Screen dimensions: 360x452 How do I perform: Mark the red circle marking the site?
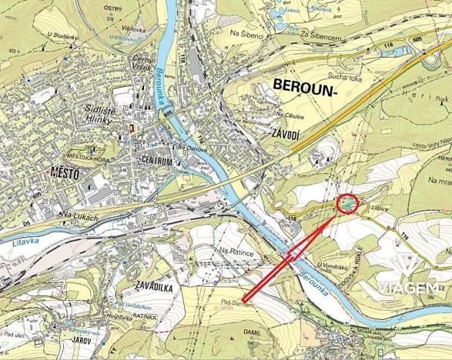click(348, 204)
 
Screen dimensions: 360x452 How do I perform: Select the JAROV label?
click(81, 338)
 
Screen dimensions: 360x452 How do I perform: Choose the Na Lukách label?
click(81, 217)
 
